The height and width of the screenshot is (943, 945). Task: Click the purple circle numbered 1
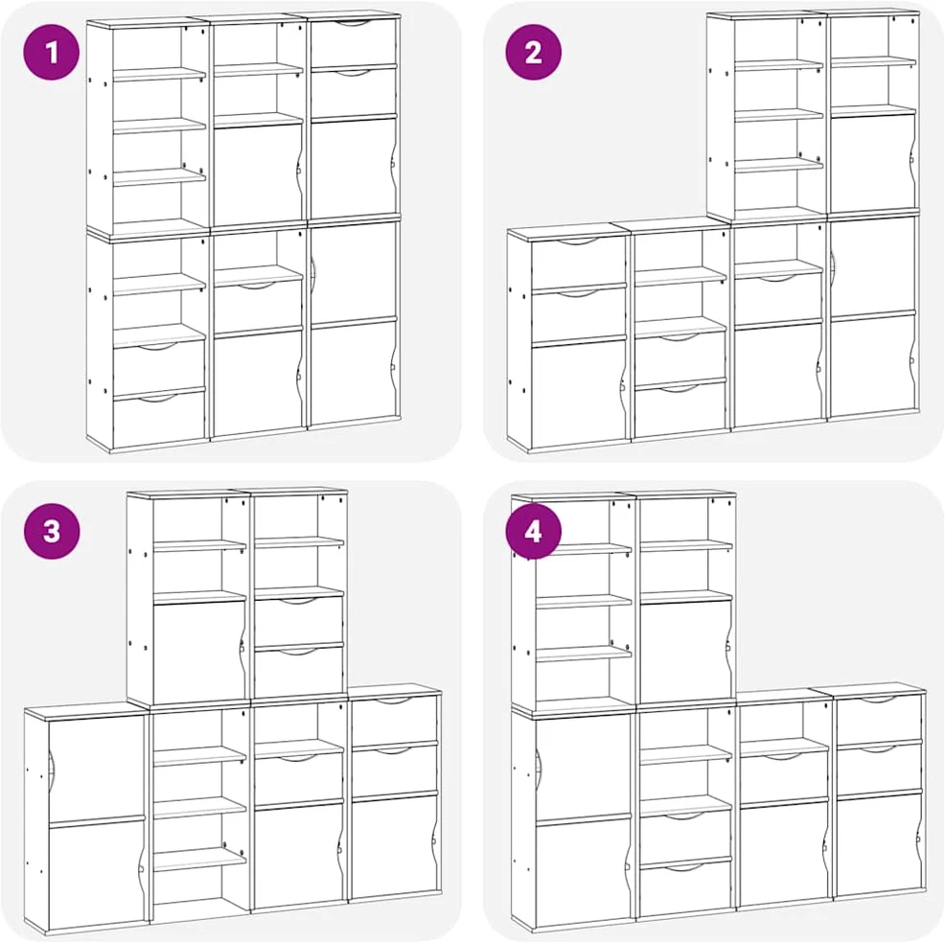coord(51,52)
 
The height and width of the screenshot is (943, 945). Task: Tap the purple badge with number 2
coord(534,52)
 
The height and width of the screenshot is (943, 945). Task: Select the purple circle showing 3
coord(51,531)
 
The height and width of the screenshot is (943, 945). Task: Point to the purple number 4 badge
coord(534,531)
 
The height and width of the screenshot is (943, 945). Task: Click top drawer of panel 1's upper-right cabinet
coord(353,42)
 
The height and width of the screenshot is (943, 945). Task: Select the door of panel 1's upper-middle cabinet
coord(258,173)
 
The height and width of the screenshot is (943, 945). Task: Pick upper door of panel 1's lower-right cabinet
coord(353,272)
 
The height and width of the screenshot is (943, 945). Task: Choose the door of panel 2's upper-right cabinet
coord(873,162)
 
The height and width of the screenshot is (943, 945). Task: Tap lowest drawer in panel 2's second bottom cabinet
coord(680,410)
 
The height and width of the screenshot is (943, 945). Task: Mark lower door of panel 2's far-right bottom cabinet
coord(873,364)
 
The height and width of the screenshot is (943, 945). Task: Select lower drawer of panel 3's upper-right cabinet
coord(298,672)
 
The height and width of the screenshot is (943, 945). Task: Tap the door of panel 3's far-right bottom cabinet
coord(394,846)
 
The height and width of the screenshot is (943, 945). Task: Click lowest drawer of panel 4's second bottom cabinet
coord(684,888)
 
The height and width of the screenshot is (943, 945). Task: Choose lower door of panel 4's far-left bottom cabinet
coord(583,871)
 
